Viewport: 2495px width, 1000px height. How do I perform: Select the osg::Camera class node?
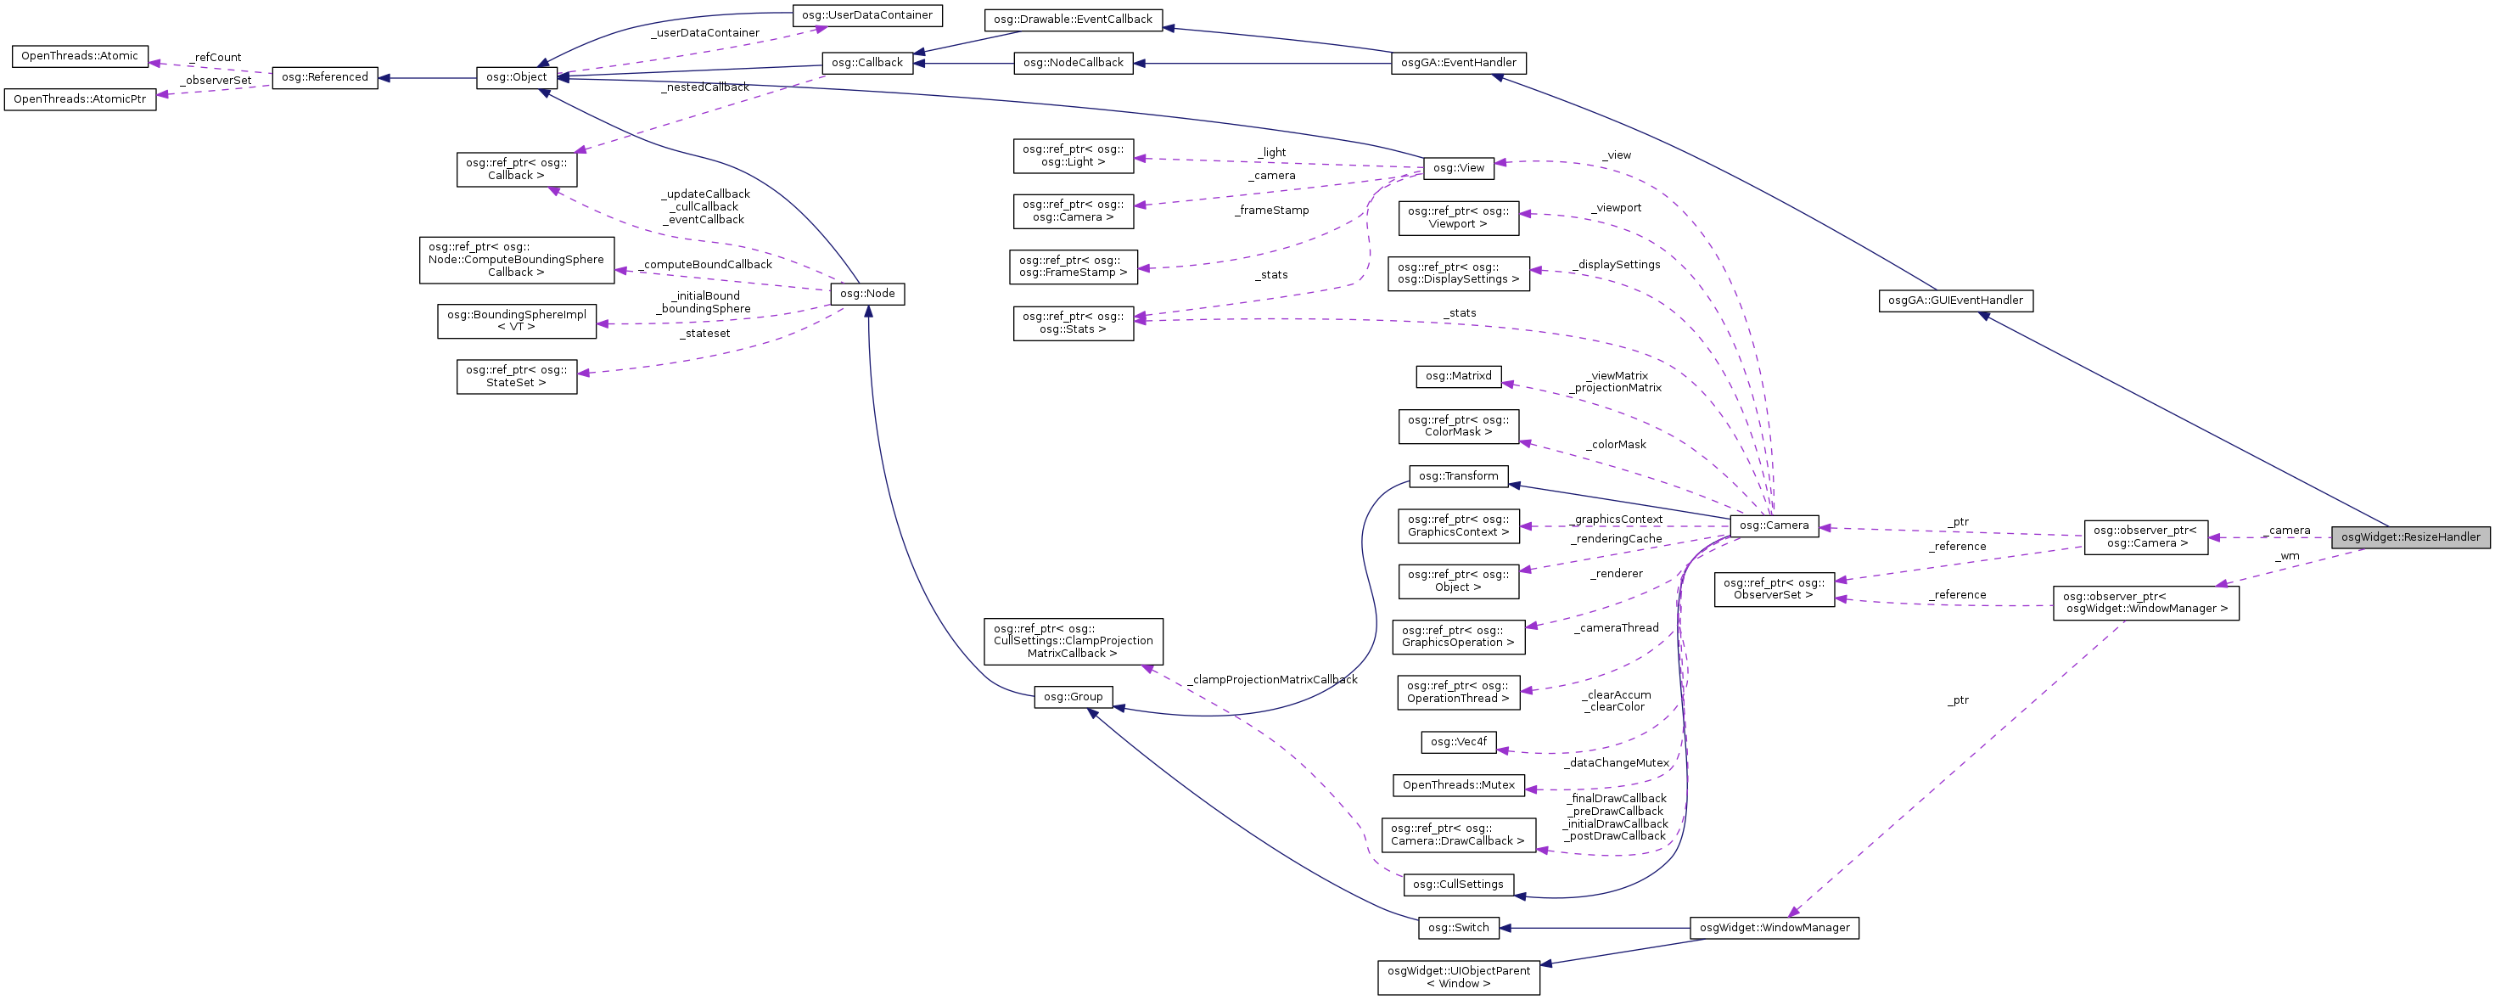pyautogui.click(x=1774, y=525)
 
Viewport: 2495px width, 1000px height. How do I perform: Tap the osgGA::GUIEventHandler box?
pyautogui.click(x=1954, y=301)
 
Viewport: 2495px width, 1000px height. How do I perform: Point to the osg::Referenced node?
pyautogui.click(x=324, y=77)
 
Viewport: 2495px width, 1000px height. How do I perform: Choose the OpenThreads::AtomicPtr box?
pyautogui.click(x=80, y=98)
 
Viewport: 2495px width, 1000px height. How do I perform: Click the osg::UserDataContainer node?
pyautogui.click(x=866, y=15)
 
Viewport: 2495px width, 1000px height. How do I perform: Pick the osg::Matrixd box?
pyautogui.click(x=1458, y=376)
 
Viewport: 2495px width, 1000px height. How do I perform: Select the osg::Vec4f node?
pyautogui.click(x=1458, y=742)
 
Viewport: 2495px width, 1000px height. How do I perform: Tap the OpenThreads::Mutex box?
pyautogui.click(x=1458, y=785)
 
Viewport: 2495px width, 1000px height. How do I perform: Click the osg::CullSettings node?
pyautogui.click(x=1458, y=884)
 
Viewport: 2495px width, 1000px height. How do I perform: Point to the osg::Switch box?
pyautogui.click(x=1458, y=927)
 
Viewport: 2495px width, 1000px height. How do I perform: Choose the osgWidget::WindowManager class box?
pyautogui.click(x=1774, y=927)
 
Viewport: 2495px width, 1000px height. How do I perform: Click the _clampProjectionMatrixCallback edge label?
pyautogui.click(x=1274, y=679)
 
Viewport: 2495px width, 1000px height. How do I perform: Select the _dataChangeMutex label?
pyautogui.click(x=1616, y=762)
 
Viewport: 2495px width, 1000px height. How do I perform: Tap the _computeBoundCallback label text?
pyautogui.click(x=706, y=265)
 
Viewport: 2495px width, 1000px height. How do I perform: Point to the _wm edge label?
pyautogui.click(x=2287, y=556)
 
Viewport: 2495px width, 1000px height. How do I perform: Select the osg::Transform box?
pyautogui.click(x=1458, y=475)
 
